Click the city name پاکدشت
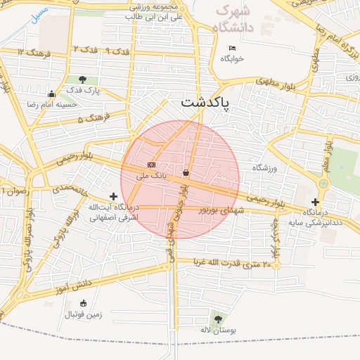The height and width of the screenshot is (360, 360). [209, 102]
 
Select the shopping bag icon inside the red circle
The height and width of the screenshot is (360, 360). [186, 172]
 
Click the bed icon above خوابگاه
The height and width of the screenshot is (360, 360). [232, 48]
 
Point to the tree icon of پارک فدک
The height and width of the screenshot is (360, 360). [84, 79]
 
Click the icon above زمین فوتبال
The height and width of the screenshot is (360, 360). [84, 304]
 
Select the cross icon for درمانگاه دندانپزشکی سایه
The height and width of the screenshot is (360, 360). [315, 201]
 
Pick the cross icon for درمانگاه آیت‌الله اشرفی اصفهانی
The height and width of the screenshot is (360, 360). [113, 196]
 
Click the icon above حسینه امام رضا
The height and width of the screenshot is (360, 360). [51, 94]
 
